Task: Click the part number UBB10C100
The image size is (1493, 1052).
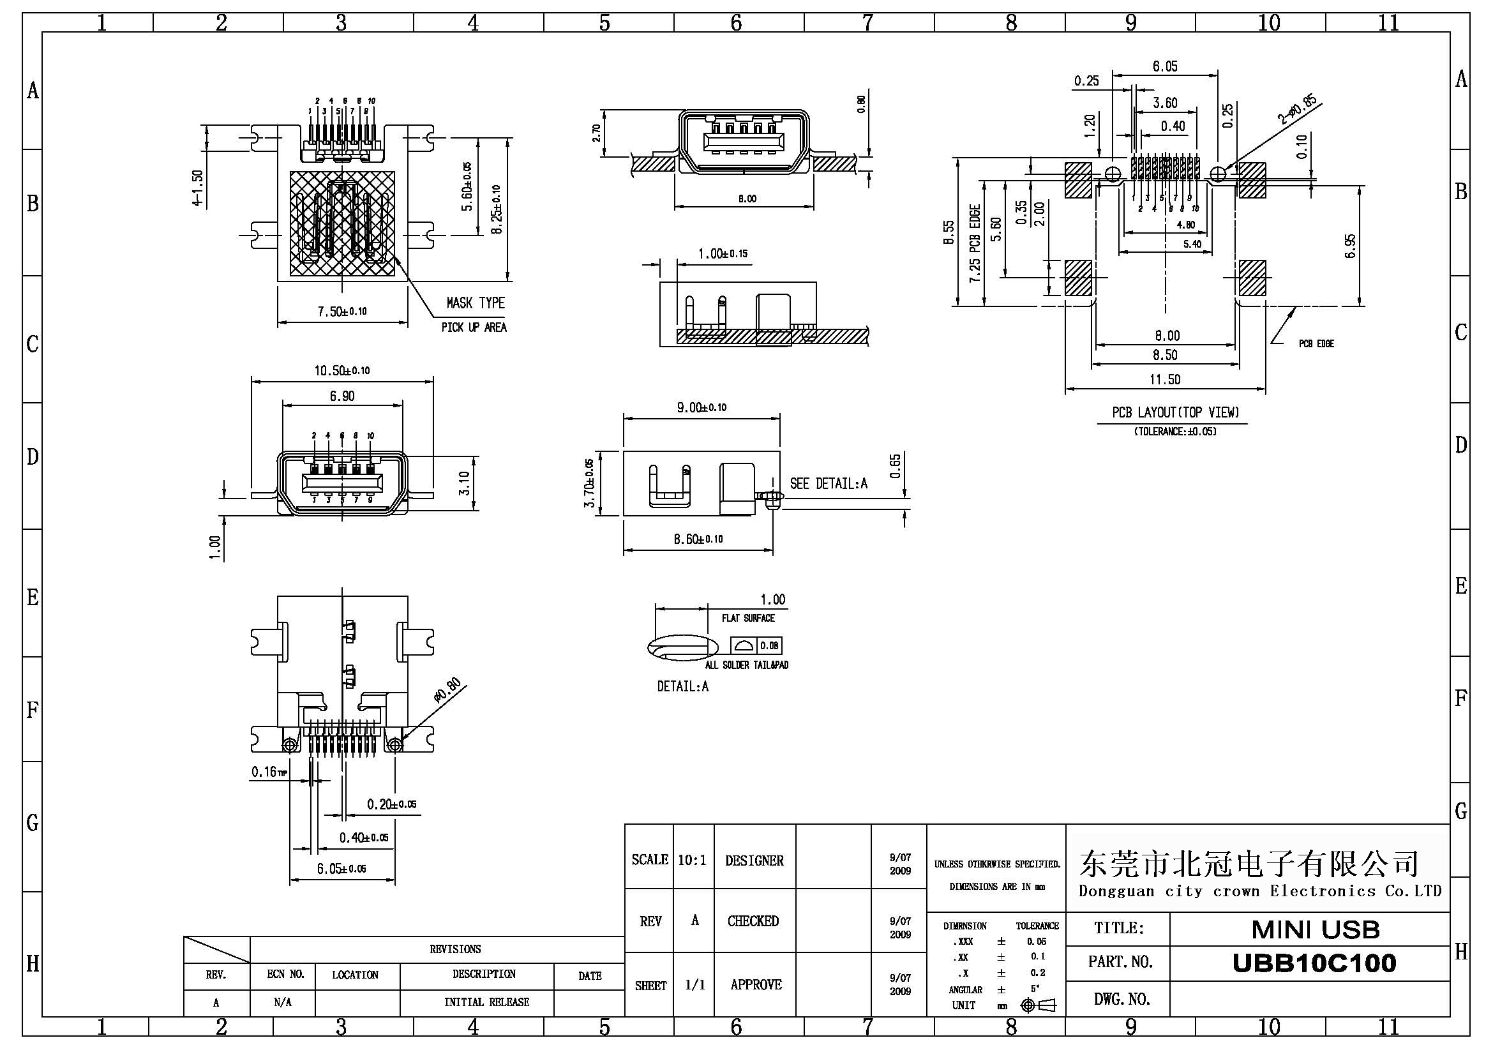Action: [x=1314, y=963]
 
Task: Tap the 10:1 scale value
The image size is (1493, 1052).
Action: [x=692, y=860]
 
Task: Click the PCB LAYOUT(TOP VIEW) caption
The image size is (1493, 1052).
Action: [x=1175, y=412]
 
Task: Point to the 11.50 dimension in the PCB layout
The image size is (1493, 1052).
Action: [x=1165, y=380]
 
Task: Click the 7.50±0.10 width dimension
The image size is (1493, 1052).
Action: [x=342, y=312]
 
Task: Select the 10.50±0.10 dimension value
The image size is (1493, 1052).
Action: [x=342, y=371]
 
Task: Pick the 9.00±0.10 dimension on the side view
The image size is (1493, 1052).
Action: [x=701, y=408]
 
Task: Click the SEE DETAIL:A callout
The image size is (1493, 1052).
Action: [x=829, y=483]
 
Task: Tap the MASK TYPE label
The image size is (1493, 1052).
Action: [x=476, y=303]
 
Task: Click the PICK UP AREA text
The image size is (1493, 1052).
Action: [x=474, y=327]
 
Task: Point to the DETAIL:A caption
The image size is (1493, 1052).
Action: [x=683, y=687]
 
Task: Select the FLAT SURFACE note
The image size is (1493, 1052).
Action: [x=748, y=619]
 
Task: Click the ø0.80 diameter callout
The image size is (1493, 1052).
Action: [x=447, y=691]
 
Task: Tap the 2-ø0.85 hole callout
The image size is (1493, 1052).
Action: [x=1297, y=109]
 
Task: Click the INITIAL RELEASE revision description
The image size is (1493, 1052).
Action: [x=486, y=1002]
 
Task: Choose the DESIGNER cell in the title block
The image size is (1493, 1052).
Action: [x=754, y=861]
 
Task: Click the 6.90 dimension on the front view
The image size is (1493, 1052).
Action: [x=342, y=396]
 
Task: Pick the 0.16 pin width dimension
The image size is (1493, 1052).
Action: [x=268, y=772]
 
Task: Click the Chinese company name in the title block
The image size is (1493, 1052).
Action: [x=1249, y=864]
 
